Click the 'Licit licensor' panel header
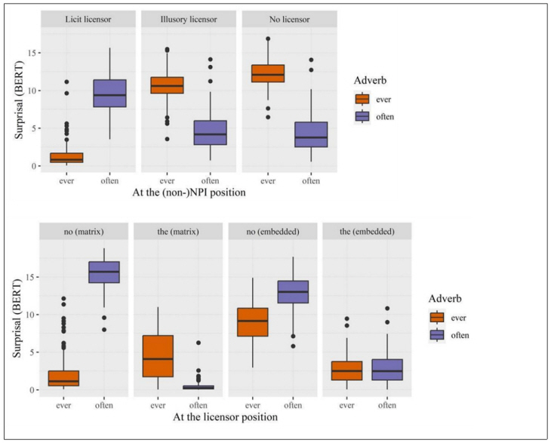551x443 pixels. pos(88,20)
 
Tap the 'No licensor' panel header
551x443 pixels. pos(288,20)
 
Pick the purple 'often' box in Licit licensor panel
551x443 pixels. pos(114,93)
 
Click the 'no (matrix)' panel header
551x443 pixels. pos(84,230)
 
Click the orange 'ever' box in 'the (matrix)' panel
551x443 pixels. pos(158,355)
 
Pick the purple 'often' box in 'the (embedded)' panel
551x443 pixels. pos(387,370)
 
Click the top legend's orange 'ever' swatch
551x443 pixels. pos(362,99)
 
